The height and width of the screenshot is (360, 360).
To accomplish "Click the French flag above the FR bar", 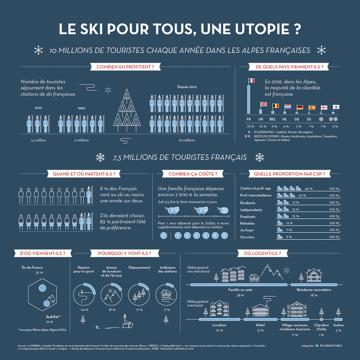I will [x=251, y=80].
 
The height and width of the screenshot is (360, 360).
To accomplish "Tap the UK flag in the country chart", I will [x=263, y=104].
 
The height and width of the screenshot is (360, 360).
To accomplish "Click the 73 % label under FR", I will [x=250, y=126].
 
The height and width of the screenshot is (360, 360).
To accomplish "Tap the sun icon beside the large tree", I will [x=108, y=90].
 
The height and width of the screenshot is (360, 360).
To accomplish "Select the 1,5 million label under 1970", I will [x=38, y=140].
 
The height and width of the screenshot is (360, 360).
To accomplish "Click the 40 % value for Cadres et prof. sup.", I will [x=308, y=188].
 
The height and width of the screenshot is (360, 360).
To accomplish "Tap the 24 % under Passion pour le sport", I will [x=84, y=310].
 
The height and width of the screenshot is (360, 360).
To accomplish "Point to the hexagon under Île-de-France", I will [x=42, y=294].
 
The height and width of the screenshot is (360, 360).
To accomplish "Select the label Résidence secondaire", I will [x=314, y=290].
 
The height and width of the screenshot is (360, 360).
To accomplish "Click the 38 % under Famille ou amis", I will [x=240, y=295].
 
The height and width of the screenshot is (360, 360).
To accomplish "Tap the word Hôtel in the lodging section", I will [x=260, y=325].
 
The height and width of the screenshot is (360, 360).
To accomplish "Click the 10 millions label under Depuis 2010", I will [x=186, y=140].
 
